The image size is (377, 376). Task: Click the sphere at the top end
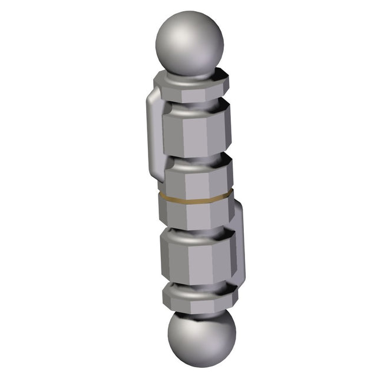point(190,44)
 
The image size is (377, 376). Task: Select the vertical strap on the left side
point(153,135)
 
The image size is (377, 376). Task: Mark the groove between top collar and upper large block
point(193,107)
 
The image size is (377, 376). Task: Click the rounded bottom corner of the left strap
point(157,176)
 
